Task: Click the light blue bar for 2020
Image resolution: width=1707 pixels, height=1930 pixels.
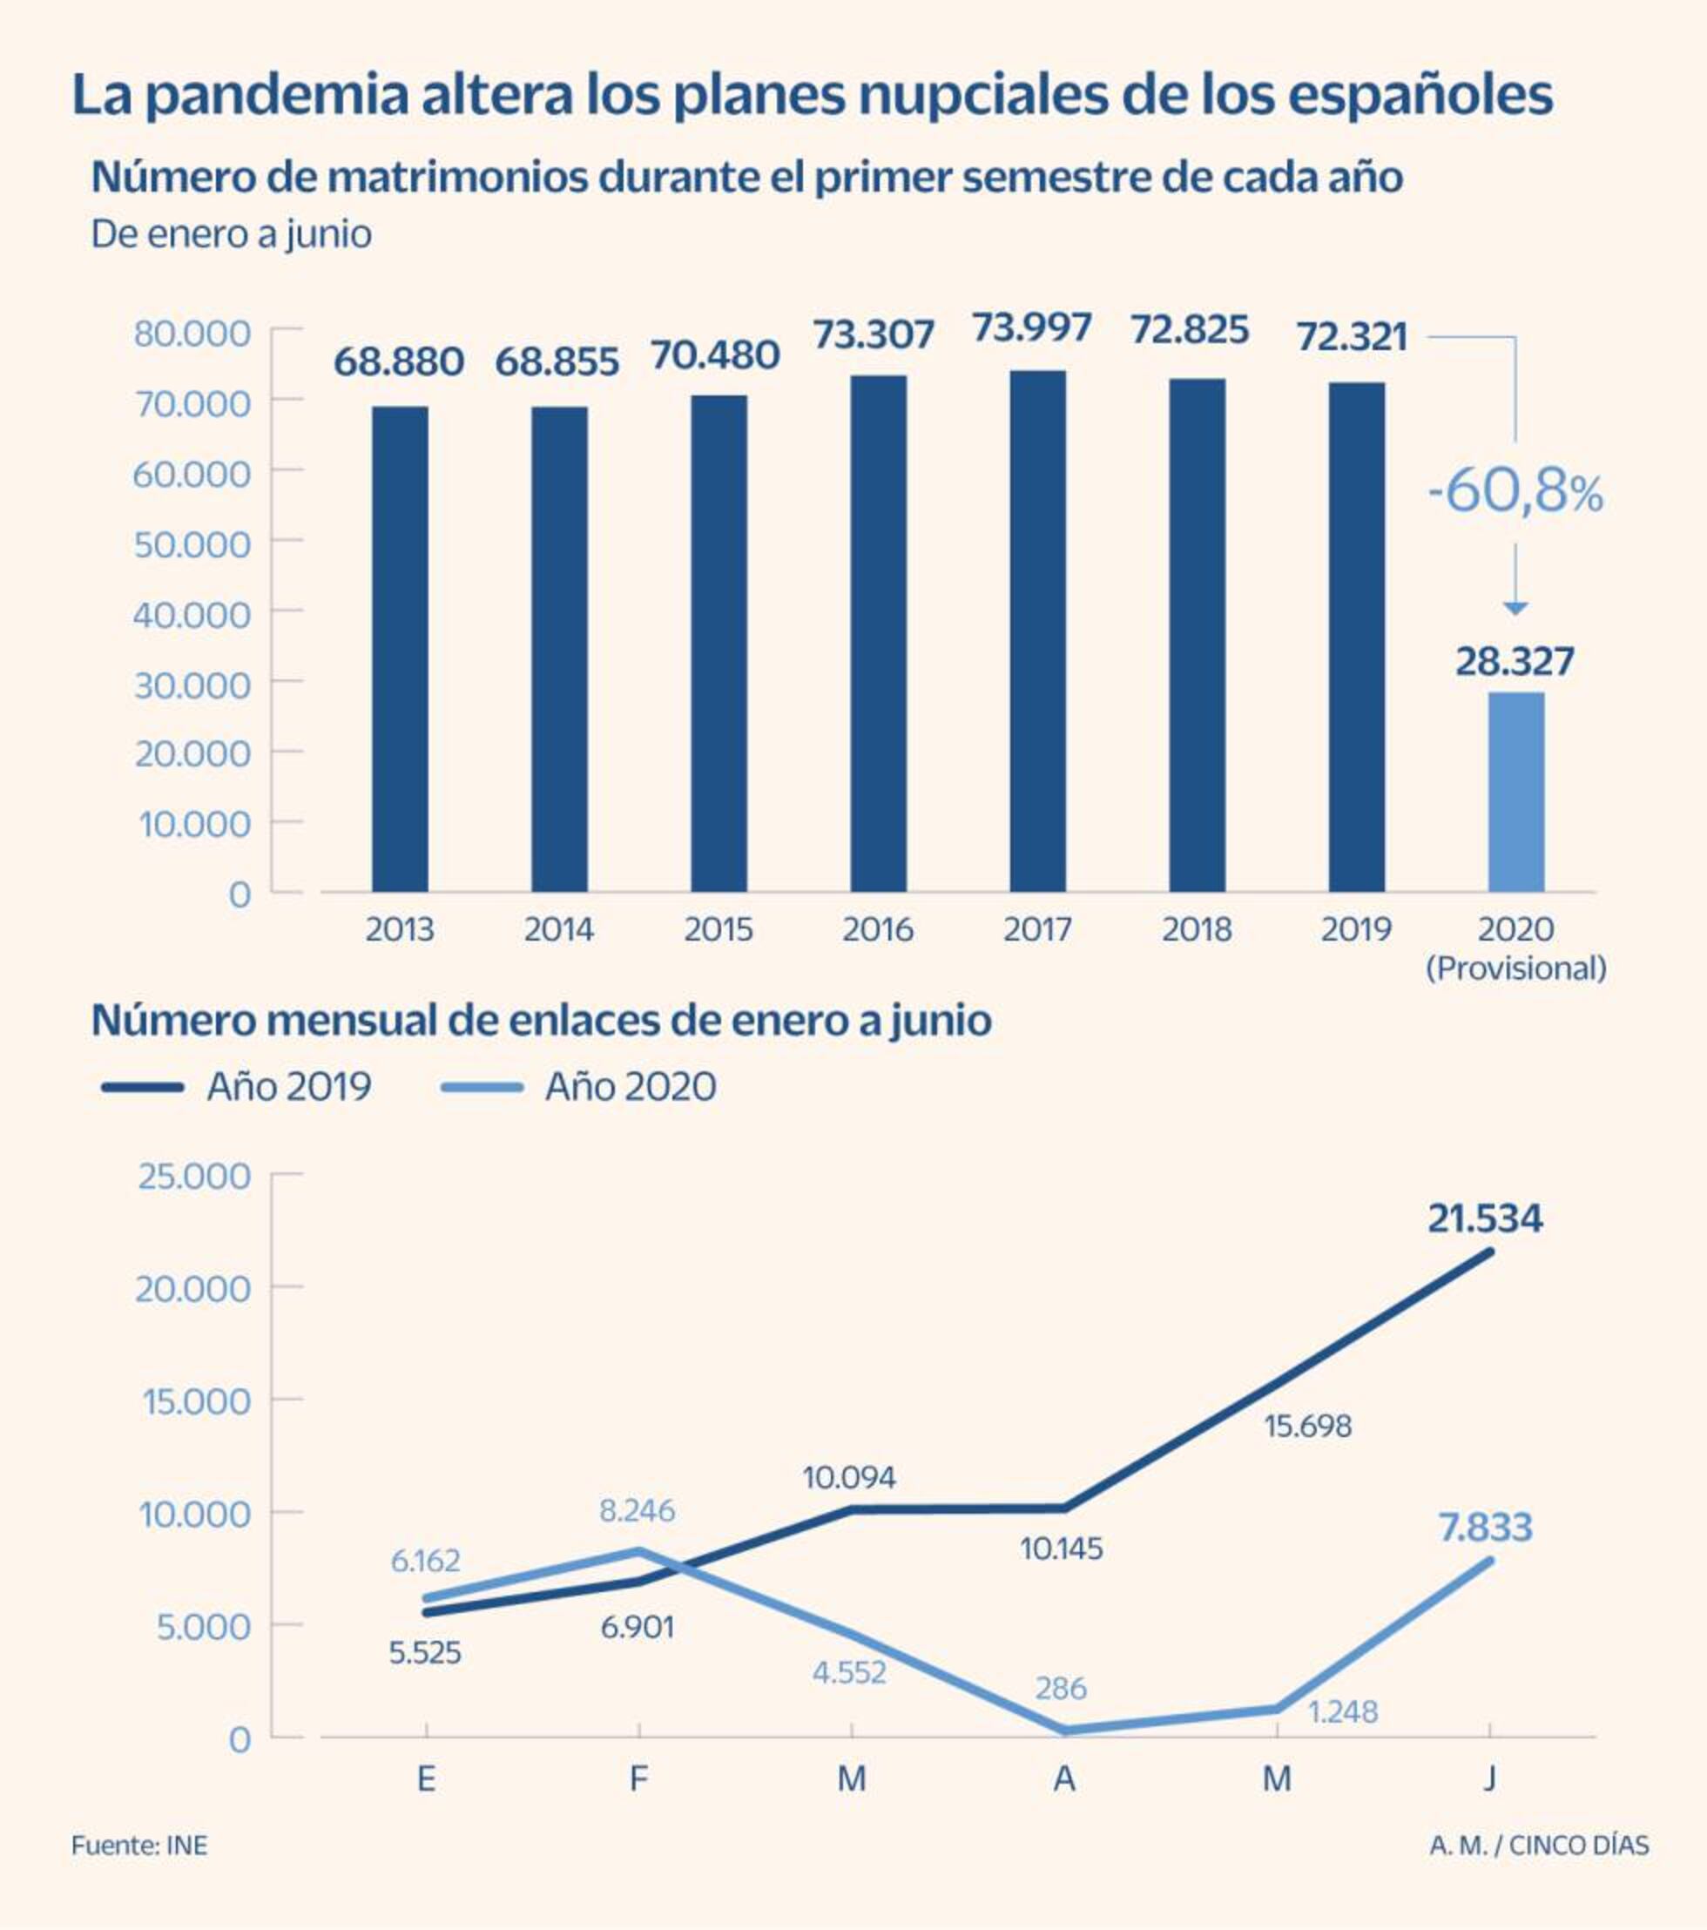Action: point(1516,793)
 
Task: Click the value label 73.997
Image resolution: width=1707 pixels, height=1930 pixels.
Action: point(1032,327)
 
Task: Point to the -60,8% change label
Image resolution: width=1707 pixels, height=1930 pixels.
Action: point(1515,492)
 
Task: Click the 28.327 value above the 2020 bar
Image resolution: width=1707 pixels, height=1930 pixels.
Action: point(1515,662)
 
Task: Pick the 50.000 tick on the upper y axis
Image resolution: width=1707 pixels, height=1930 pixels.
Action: point(192,543)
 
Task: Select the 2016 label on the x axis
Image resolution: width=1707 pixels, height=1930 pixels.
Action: point(877,930)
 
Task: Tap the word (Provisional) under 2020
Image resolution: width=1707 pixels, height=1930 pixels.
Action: point(1515,968)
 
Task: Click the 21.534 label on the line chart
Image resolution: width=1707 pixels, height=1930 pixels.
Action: point(1484,1219)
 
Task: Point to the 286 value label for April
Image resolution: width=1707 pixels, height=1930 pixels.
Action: point(1060,1688)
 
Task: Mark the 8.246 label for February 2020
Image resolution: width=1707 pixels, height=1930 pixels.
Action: point(638,1512)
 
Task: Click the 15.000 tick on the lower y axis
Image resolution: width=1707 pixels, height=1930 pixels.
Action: point(196,1401)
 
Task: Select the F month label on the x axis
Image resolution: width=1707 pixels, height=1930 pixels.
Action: point(638,1779)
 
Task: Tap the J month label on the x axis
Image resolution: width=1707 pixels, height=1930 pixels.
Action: point(1489,1779)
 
